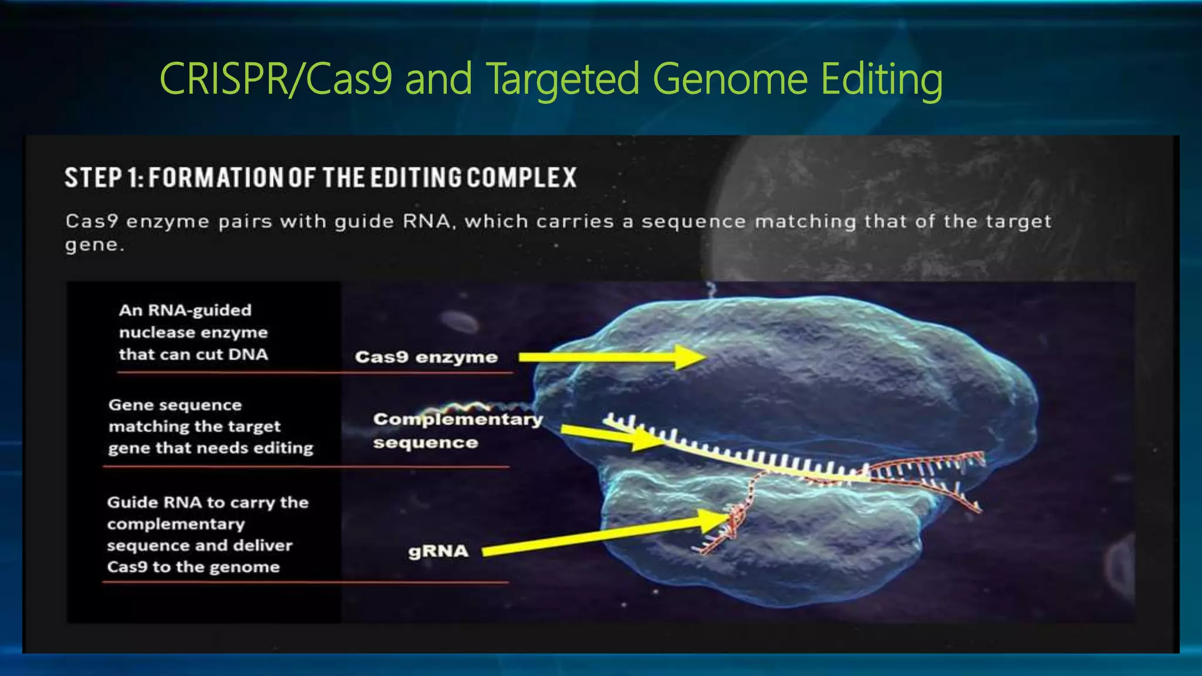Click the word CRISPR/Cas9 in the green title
tap(275, 79)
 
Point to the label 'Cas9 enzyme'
tap(426, 357)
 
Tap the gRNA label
tap(438, 551)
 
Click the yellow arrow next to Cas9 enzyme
tap(610, 357)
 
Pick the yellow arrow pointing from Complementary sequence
tap(610, 435)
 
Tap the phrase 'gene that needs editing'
tap(211, 448)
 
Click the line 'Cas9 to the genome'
tap(193, 567)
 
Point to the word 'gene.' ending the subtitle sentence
tap(94, 245)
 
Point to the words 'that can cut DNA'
tap(193, 354)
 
